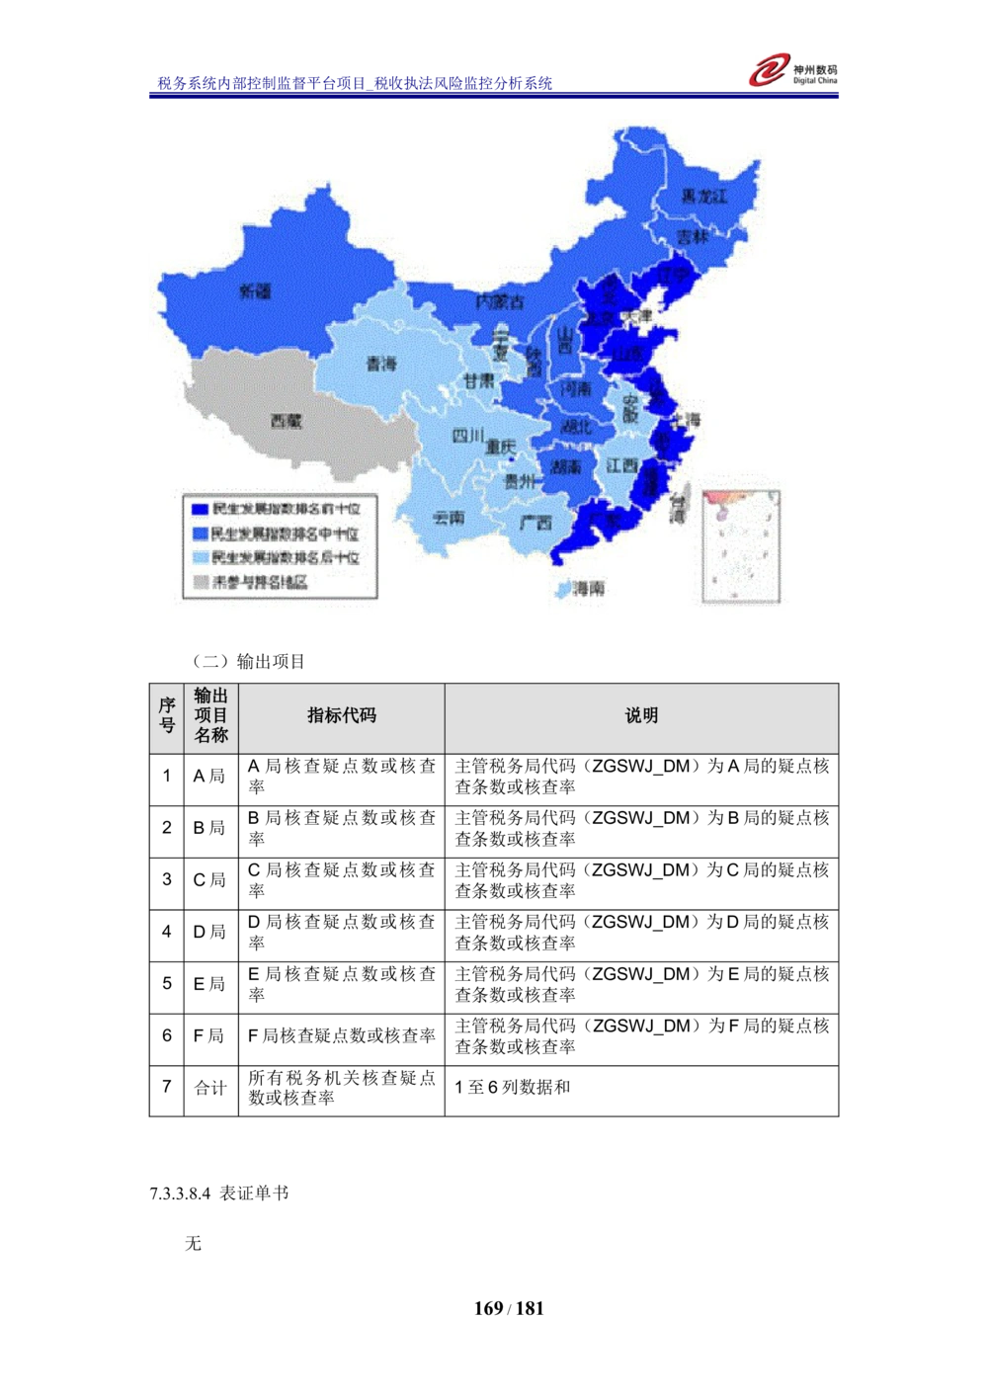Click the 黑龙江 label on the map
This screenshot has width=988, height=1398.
click(703, 197)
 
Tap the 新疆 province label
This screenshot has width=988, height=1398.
click(255, 291)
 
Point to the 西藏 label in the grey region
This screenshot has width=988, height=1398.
click(286, 421)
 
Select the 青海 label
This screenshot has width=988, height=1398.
click(380, 365)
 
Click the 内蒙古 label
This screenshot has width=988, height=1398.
click(499, 301)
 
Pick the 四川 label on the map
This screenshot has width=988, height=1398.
click(467, 436)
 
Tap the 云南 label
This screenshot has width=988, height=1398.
click(449, 517)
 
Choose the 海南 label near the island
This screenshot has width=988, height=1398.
click(589, 589)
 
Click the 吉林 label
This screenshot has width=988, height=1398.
click(693, 237)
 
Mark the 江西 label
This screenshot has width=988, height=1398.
click(622, 465)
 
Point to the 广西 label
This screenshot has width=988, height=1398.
click(535, 523)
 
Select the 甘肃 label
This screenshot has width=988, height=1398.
click(478, 380)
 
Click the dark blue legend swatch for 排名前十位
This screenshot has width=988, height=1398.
click(200, 510)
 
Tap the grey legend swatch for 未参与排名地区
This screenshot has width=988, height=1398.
click(200, 582)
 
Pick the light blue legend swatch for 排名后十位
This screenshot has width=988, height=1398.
click(200, 558)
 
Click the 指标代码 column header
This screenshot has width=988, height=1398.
click(341, 716)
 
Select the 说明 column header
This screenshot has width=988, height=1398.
click(641, 716)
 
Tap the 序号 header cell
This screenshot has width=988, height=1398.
click(167, 716)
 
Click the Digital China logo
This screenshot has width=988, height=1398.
click(793, 69)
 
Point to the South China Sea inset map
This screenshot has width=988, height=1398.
click(741, 546)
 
